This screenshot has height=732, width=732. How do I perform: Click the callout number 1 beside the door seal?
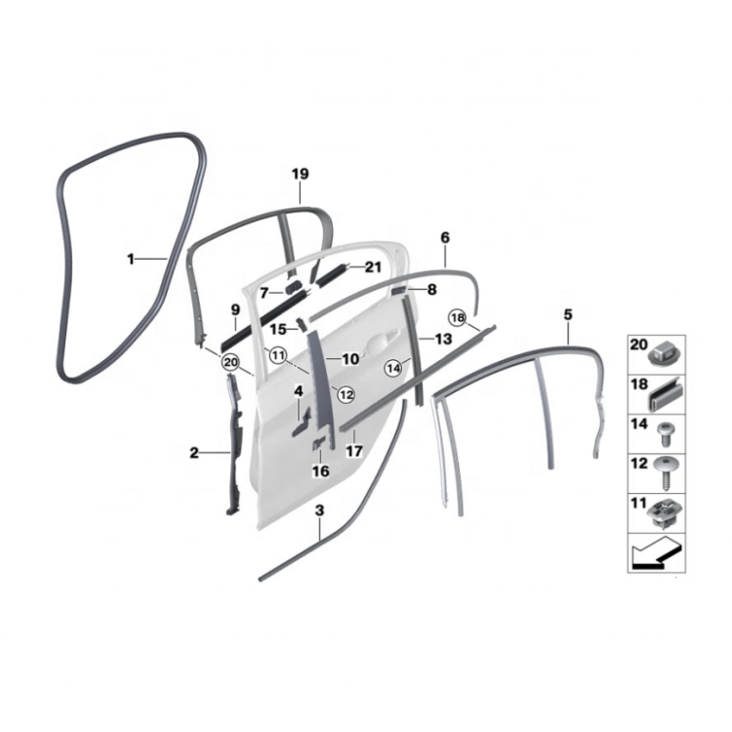(131, 259)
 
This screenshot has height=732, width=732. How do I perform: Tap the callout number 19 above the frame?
(301, 174)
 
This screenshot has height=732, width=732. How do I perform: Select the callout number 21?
(373, 267)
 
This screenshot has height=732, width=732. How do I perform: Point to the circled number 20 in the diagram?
(231, 362)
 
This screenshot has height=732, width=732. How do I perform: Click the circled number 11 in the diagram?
(278, 355)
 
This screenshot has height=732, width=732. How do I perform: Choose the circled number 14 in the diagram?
(393, 369)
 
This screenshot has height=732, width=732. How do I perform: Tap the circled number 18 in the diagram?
(457, 317)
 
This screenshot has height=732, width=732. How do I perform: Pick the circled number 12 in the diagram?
(346, 395)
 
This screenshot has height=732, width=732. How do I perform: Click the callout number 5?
(568, 314)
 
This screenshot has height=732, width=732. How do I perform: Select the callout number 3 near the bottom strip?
(319, 510)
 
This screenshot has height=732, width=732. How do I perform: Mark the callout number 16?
(321, 471)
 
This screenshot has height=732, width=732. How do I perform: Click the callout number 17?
(354, 452)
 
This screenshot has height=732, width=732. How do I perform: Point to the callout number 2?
(194, 453)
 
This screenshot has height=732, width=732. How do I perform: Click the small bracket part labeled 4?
(301, 422)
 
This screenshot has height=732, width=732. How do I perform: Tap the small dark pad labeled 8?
(399, 291)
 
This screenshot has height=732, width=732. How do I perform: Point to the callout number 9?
(235, 309)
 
